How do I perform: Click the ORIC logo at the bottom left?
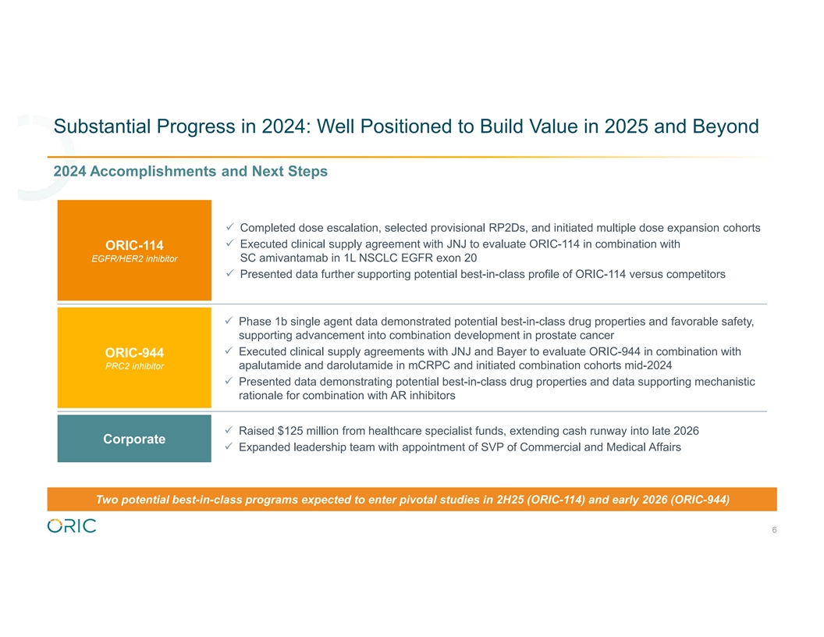click(72, 525)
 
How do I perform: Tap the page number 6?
click(774, 530)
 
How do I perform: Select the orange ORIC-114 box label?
click(134, 250)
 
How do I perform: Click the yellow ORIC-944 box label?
click(134, 358)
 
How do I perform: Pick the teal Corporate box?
click(134, 439)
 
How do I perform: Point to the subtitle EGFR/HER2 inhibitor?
click(134, 258)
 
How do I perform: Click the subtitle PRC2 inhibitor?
click(134, 366)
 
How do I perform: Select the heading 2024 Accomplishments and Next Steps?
click(190, 171)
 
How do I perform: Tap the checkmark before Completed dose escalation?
click(229, 227)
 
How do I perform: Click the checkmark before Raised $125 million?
click(229, 430)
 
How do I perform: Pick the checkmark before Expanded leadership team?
click(229, 447)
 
